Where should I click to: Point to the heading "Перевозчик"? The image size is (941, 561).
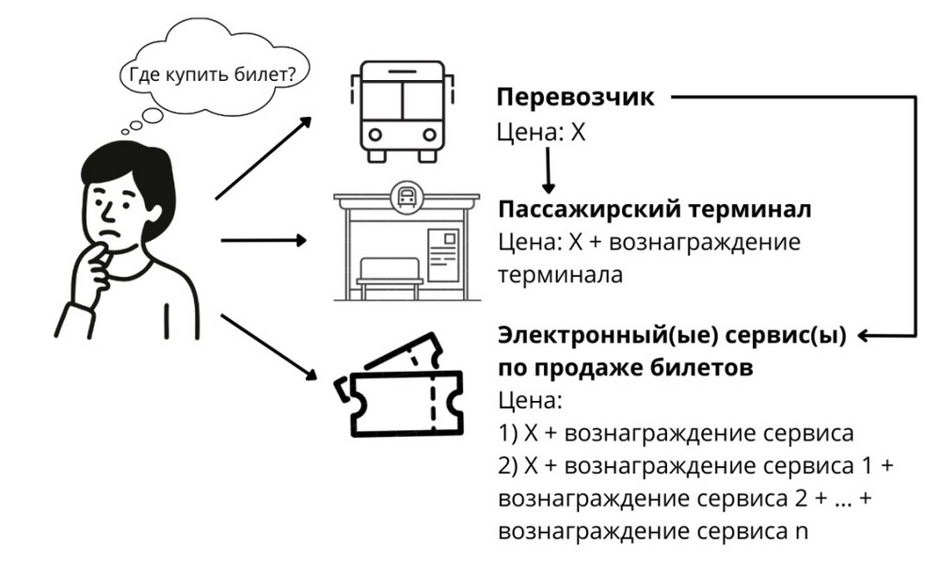pos(574,98)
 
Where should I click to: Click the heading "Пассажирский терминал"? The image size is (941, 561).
pos(654,208)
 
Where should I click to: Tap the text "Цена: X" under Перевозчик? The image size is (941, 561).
pos(541,133)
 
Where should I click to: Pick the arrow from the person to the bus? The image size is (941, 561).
pos(264,156)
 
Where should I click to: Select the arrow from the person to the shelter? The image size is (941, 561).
pos(263,241)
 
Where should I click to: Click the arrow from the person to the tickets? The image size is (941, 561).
pos(268,345)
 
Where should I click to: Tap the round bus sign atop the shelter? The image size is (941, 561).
pos(407,197)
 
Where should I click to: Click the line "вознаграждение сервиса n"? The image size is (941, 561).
pos(652,530)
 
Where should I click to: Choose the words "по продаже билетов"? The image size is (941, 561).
pos(625,368)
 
